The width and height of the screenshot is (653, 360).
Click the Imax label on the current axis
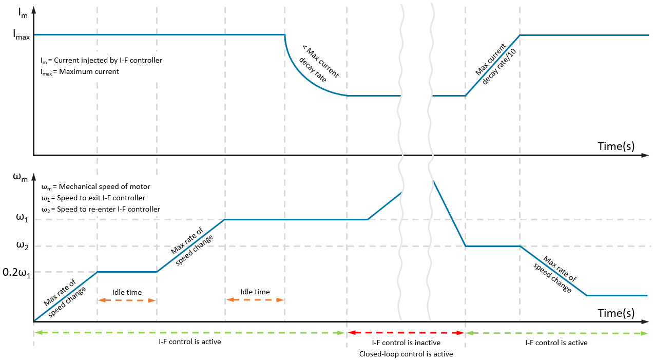21,35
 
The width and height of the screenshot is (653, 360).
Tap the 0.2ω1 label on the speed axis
16,273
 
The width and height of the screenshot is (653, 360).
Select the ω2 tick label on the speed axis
22,245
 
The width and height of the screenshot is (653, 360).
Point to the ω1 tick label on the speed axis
22,218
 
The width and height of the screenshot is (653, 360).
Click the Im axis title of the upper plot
23,13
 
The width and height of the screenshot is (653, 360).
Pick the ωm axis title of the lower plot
21,177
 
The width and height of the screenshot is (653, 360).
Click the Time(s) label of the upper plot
616,146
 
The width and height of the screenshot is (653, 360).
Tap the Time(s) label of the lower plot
616,313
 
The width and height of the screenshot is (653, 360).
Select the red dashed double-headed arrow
406,333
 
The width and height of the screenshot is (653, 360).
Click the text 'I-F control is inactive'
406,343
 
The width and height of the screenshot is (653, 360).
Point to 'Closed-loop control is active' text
406,354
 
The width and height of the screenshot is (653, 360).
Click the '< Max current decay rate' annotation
318,65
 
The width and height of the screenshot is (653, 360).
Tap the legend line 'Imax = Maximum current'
80,72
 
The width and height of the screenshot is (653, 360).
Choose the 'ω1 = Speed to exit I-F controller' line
93,198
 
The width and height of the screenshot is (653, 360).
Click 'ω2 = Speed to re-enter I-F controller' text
101,210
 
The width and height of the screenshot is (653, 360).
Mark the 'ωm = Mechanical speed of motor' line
96,187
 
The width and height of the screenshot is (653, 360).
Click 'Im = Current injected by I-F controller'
101,61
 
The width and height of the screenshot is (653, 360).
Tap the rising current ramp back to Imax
492,65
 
